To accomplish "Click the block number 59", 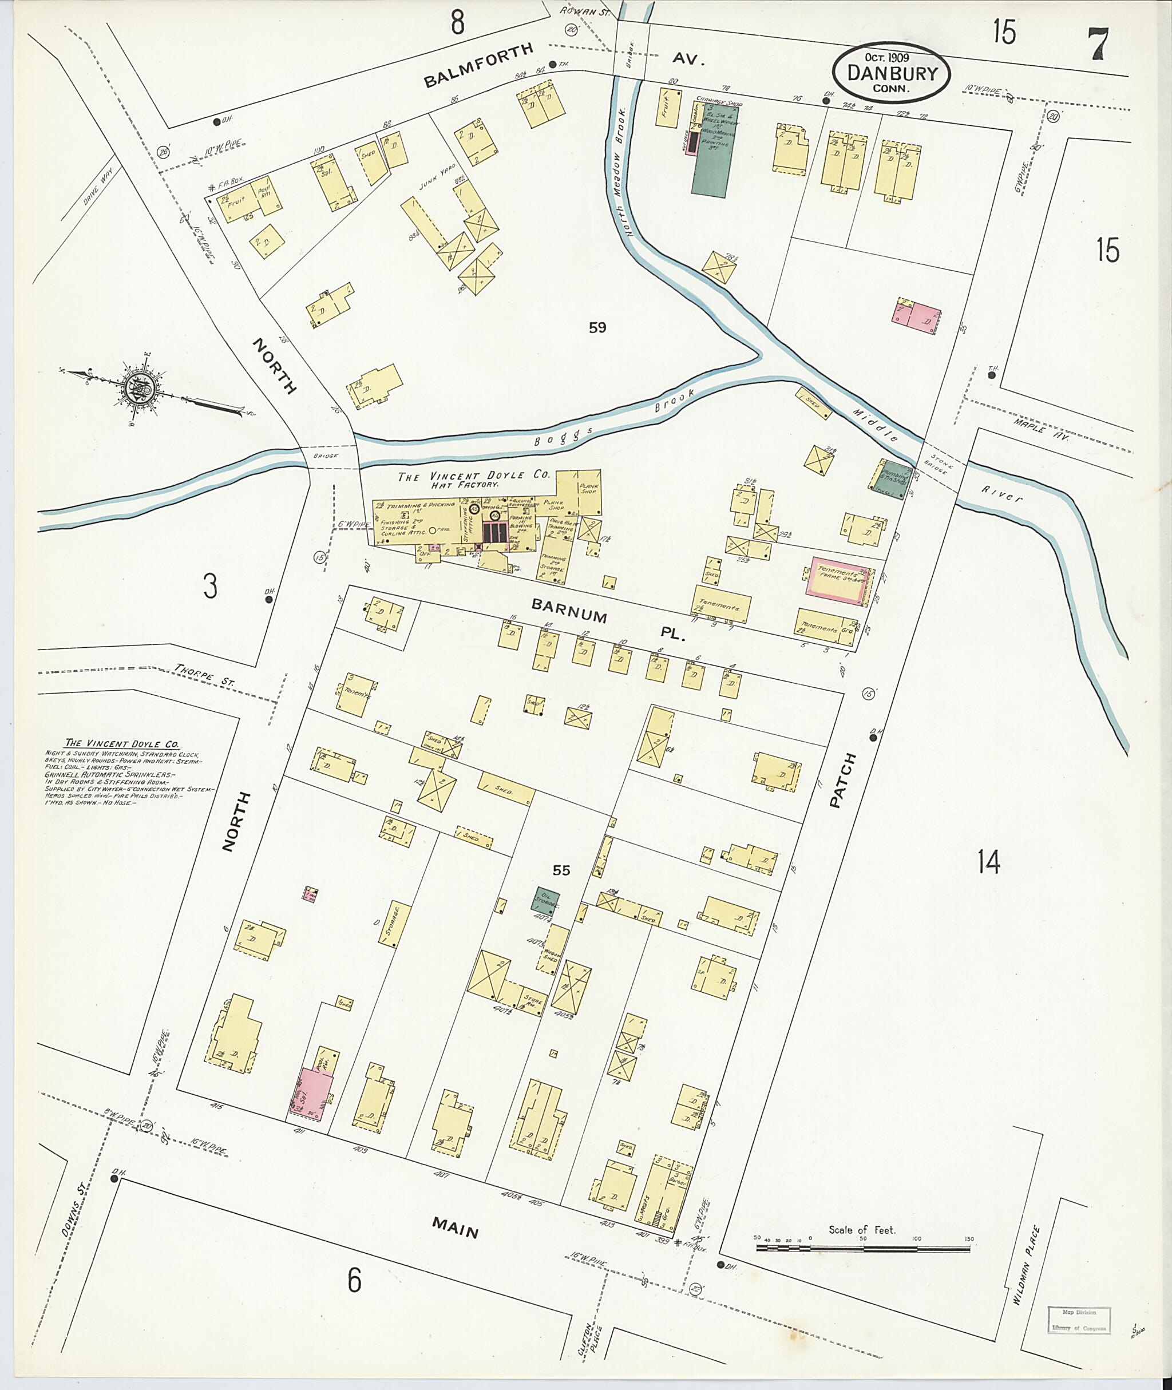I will (x=597, y=327).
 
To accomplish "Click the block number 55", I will (x=561, y=870).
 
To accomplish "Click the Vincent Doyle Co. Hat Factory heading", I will (x=474, y=480).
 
